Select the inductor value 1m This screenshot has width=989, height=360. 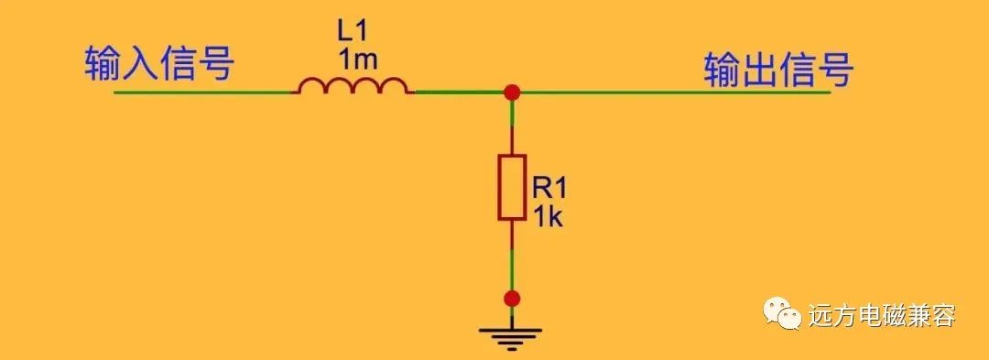pos(358,60)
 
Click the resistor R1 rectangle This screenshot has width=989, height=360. pos(512,187)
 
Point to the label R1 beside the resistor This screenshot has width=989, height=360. pos(549,187)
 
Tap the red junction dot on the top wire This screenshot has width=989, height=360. pos(512,92)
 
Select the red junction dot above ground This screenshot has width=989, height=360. pos(512,299)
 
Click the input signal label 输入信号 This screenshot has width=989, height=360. pos(159,63)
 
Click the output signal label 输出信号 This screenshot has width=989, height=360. pos(778,69)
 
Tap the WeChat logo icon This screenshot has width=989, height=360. pos(782,313)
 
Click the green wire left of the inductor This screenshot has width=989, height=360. pos(202,92)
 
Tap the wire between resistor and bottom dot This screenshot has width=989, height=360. pos(512,256)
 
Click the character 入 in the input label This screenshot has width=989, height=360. pos(139,63)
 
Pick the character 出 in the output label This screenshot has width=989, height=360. pos(759,69)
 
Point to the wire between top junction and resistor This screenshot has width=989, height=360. pos(512,127)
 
